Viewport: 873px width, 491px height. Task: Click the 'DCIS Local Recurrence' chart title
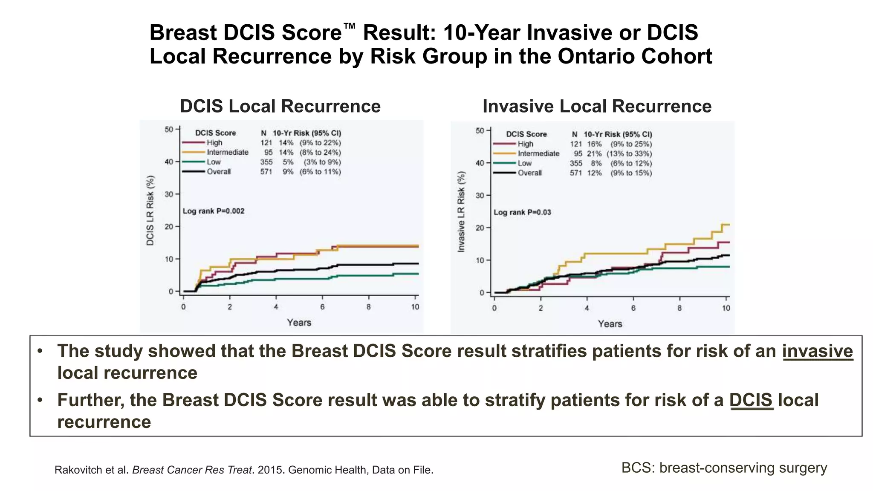coord(280,106)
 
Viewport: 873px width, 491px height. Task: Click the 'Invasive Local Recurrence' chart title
coord(597,106)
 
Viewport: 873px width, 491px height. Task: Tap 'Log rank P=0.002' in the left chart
coord(214,211)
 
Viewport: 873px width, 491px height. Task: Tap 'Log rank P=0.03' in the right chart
coord(522,212)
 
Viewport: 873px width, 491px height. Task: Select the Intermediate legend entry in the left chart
coord(227,152)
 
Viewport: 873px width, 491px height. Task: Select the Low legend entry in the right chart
coord(524,163)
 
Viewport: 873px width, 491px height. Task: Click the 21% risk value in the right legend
coord(594,154)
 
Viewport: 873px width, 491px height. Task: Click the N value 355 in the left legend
coord(266,162)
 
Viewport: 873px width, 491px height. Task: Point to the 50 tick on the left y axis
coord(169,129)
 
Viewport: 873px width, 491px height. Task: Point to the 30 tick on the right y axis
coord(480,196)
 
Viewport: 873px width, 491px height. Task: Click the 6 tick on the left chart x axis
coord(322,307)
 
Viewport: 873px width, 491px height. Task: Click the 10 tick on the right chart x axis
coord(726,308)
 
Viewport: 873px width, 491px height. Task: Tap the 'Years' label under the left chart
coord(299,323)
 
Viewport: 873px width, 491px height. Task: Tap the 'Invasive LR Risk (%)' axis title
coord(461,212)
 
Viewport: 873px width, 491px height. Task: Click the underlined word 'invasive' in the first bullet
coord(817,351)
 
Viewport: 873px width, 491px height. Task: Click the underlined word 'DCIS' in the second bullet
coord(751,400)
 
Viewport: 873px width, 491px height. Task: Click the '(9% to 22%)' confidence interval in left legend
coord(320,143)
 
